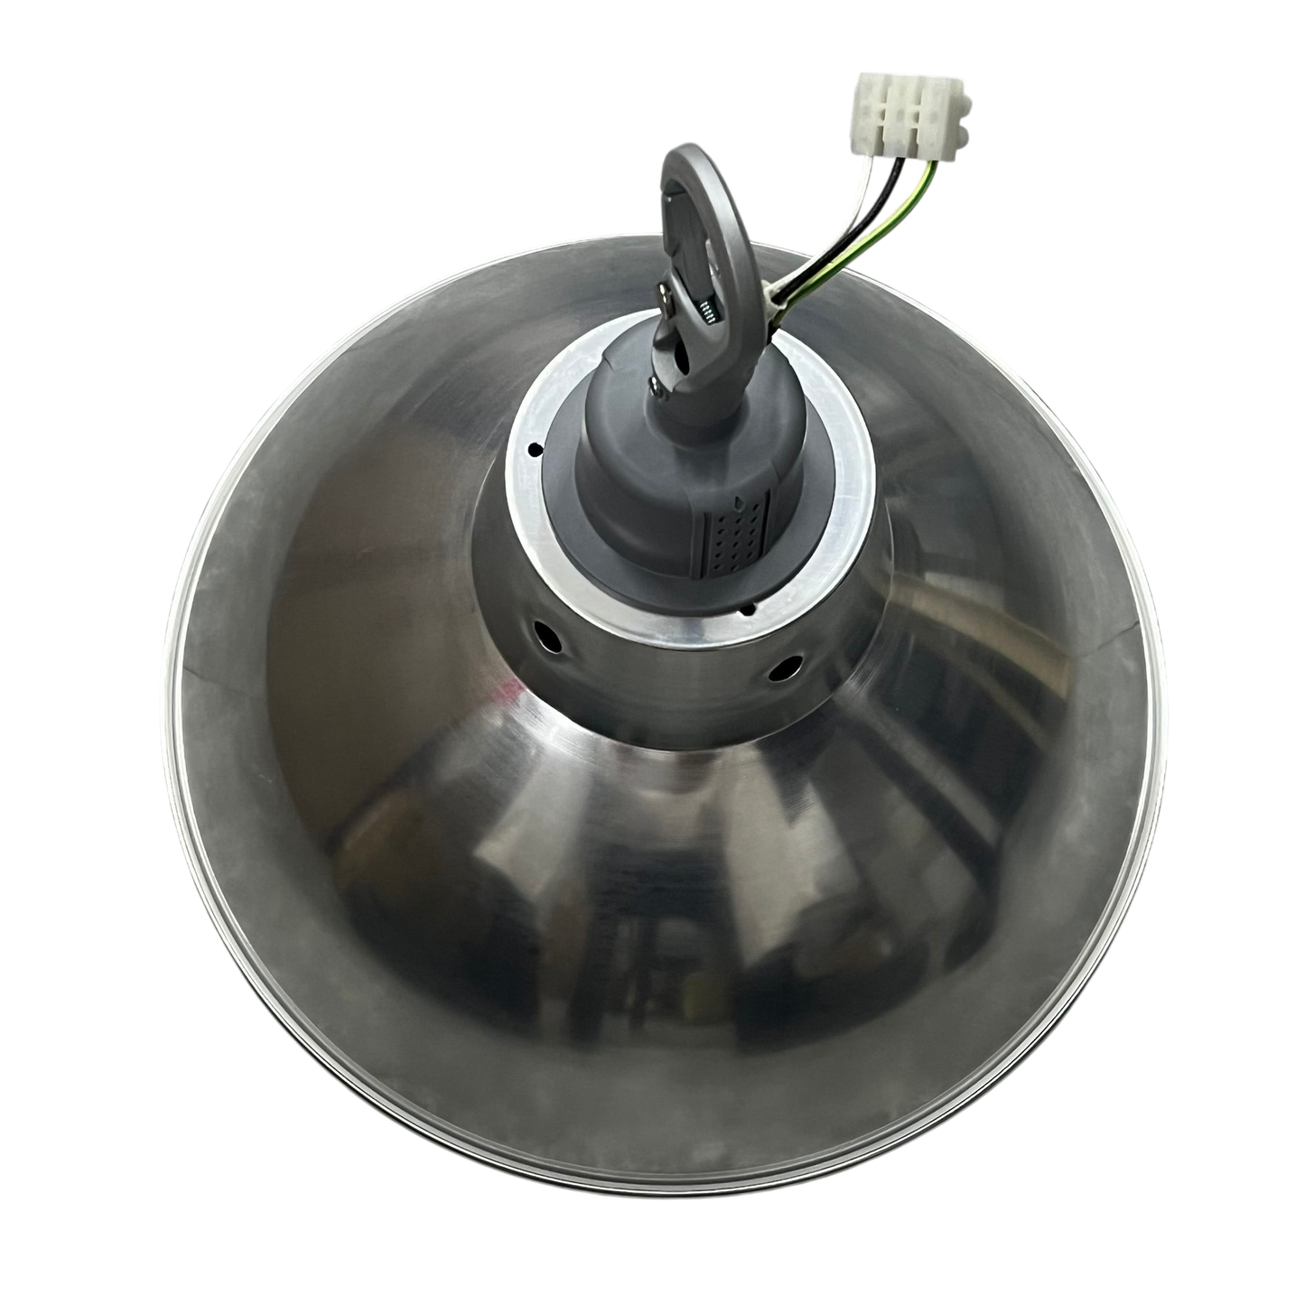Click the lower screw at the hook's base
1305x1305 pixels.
[x=655, y=387]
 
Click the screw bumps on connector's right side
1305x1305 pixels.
[x=967, y=113]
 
